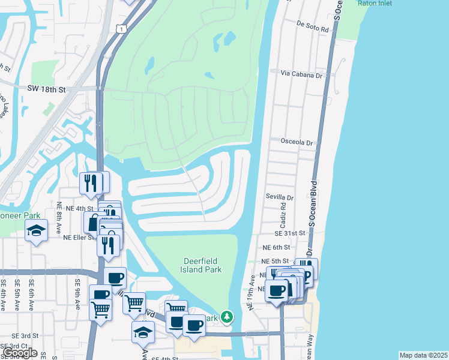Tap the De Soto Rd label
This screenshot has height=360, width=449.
pos(312,28)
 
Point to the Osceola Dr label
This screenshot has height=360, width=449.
pos(297,143)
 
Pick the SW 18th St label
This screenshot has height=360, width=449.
pos(46,88)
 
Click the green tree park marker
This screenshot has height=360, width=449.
pos(226,316)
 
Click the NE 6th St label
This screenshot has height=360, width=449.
pos(276,247)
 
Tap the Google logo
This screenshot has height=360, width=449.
pos(20,352)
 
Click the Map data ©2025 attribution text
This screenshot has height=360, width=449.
pos(423,355)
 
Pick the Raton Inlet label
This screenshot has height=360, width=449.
pos(375,3)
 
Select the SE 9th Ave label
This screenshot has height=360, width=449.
pos(77,293)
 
